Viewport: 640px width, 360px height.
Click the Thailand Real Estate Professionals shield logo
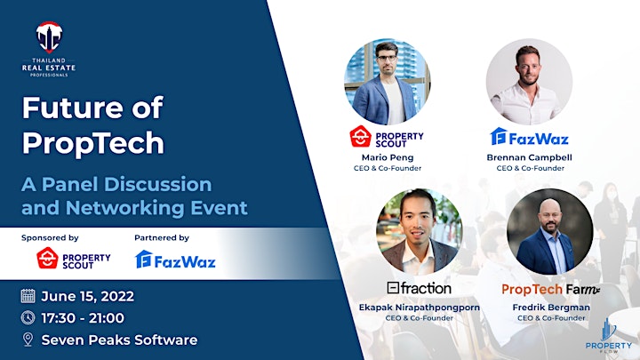pyautogui.click(x=49, y=37)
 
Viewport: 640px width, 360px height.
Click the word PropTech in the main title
pyautogui.click(x=93, y=143)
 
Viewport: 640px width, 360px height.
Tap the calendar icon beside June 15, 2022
pyautogui.click(x=28, y=295)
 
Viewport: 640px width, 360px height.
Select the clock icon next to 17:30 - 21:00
pyautogui.click(x=28, y=317)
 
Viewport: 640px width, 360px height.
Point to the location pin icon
pyautogui.click(x=28, y=340)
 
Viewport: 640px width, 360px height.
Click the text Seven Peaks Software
pyautogui.click(x=120, y=340)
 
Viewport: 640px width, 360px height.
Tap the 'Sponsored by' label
pyautogui.click(x=50, y=237)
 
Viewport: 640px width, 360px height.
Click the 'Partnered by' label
pyautogui.click(x=162, y=237)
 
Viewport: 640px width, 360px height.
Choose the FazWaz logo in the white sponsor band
pyautogui.click(x=175, y=260)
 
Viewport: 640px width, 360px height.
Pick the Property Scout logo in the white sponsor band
pyautogui.click(x=74, y=259)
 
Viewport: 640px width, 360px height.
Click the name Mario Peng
pyautogui.click(x=388, y=157)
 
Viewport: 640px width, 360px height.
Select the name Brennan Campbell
pyautogui.click(x=530, y=157)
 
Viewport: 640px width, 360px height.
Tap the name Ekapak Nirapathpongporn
pyautogui.click(x=420, y=308)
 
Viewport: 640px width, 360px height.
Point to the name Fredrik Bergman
pyautogui.click(x=551, y=308)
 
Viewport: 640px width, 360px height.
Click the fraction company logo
pyautogui.click(x=420, y=288)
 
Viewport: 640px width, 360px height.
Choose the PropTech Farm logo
pyautogui.click(x=550, y=290)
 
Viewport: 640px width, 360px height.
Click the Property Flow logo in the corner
pyautogui.click(x=608, y=336)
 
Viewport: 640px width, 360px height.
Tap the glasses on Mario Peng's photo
pyautogui.click(x=387, y=58)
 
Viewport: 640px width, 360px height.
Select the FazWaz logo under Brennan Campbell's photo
pyautogui.click(x=530, y=137)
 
